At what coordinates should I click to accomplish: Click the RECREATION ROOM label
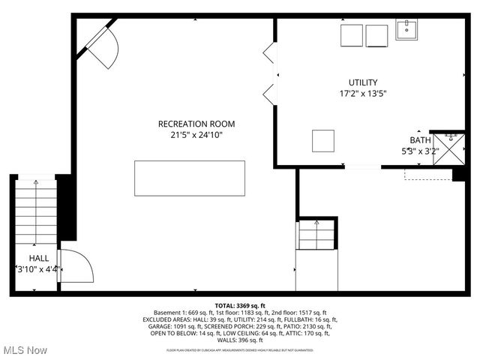point(196,124)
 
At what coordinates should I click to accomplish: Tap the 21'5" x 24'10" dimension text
point(196,135)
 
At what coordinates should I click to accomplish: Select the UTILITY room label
point(363,82)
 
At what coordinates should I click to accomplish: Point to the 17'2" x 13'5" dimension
point(363,94)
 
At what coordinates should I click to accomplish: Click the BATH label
point(420,140)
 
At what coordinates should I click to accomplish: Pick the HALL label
point(39,258)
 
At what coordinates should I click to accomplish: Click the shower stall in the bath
point(448,147)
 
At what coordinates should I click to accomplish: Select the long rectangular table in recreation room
point(190,178)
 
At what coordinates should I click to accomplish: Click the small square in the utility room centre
point(323,140)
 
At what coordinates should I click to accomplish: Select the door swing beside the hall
point(75,266)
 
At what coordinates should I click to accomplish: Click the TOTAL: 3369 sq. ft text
point(240,306)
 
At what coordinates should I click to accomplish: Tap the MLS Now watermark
point(25,350)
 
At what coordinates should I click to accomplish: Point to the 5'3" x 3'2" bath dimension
point(421,151)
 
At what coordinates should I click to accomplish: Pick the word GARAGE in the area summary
point(160,327)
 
